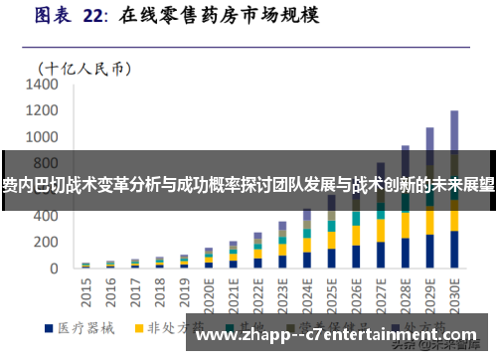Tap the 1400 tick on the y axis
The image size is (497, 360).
click(44, 86)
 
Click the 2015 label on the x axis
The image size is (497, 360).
click(85, 289)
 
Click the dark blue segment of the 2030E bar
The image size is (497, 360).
click(454, 250)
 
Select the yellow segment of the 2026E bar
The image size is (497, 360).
click(356, 238)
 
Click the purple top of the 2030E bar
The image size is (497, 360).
click(454, 129)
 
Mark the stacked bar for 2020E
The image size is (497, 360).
click(209, 259)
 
